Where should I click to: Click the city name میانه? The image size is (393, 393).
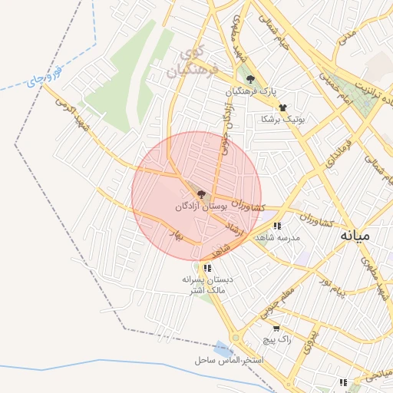[355, 235]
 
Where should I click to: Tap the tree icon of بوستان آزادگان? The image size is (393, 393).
[201, 195]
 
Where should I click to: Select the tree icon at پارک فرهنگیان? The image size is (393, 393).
[249, 78]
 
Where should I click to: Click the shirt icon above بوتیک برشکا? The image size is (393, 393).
[282, 107]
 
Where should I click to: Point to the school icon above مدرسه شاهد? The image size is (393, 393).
[276, 226]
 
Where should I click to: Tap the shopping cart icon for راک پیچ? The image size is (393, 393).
[276, 329]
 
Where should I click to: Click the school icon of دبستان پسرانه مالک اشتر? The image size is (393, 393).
[207, 268]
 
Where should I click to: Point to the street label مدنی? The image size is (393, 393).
[348, 35]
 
